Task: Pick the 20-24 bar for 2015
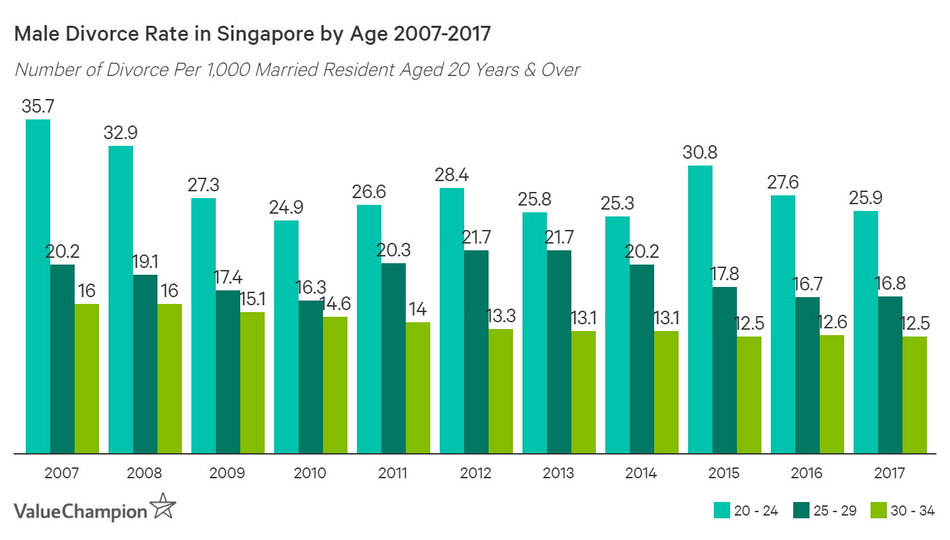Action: click(x=700, y=309)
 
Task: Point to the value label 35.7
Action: click(x=38, y=107)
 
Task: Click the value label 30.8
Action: click(x=700, y=152)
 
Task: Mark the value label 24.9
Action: click(x=286, y=207)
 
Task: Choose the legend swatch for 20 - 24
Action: click(x=721, y=511)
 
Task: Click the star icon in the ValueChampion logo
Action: click(x=164, y=508)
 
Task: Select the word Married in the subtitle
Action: click(x=287, y=70)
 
